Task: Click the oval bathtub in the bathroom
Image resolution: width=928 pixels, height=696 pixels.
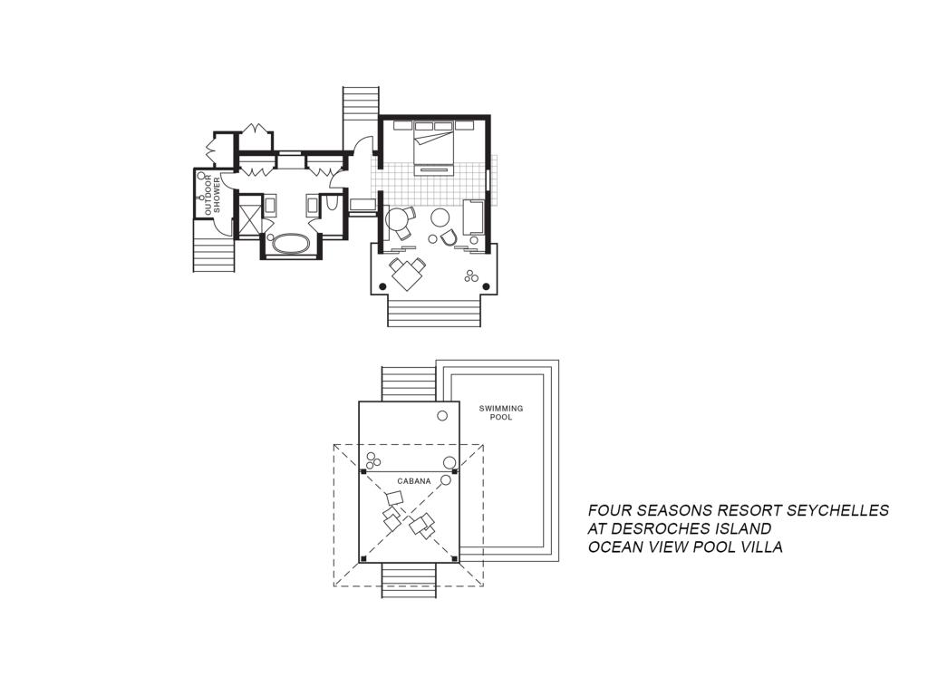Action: tap(290, 245)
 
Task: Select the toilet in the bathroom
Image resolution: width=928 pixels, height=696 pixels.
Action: tap(332, 203)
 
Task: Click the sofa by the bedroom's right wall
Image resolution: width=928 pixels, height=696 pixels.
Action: tap(473, 217)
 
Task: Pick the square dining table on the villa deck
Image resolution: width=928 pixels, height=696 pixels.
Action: tap(407, 274)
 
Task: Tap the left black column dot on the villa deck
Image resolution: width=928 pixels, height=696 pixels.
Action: tap(382, 287)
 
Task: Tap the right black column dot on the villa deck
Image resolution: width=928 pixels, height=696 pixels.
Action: tap(487, 287)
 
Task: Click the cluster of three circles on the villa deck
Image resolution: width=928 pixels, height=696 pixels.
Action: tap(471, 275)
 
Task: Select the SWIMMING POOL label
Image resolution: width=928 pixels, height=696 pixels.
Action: tap(501, 412)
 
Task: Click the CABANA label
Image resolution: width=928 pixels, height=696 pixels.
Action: tap(414, 481)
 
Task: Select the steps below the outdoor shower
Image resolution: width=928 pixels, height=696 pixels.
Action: tap(214, 245)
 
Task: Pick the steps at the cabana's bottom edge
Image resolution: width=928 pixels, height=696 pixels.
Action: tap(409, 580)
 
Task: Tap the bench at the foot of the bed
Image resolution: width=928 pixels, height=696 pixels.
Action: tap(434, 170)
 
